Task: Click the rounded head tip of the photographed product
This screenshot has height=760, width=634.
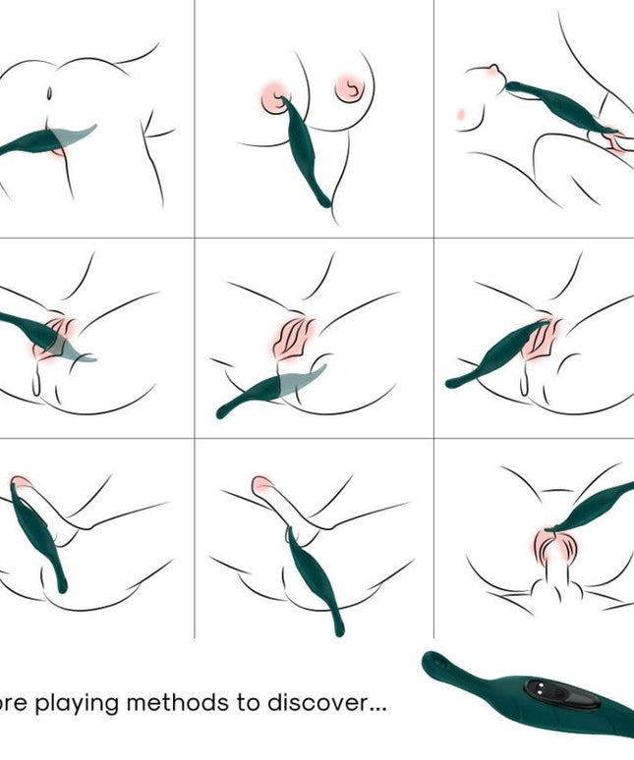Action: [x=432, y=664]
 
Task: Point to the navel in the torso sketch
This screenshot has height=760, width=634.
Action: [x=49, y=95]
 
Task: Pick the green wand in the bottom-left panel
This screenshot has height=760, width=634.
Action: [x=39, y=535]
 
